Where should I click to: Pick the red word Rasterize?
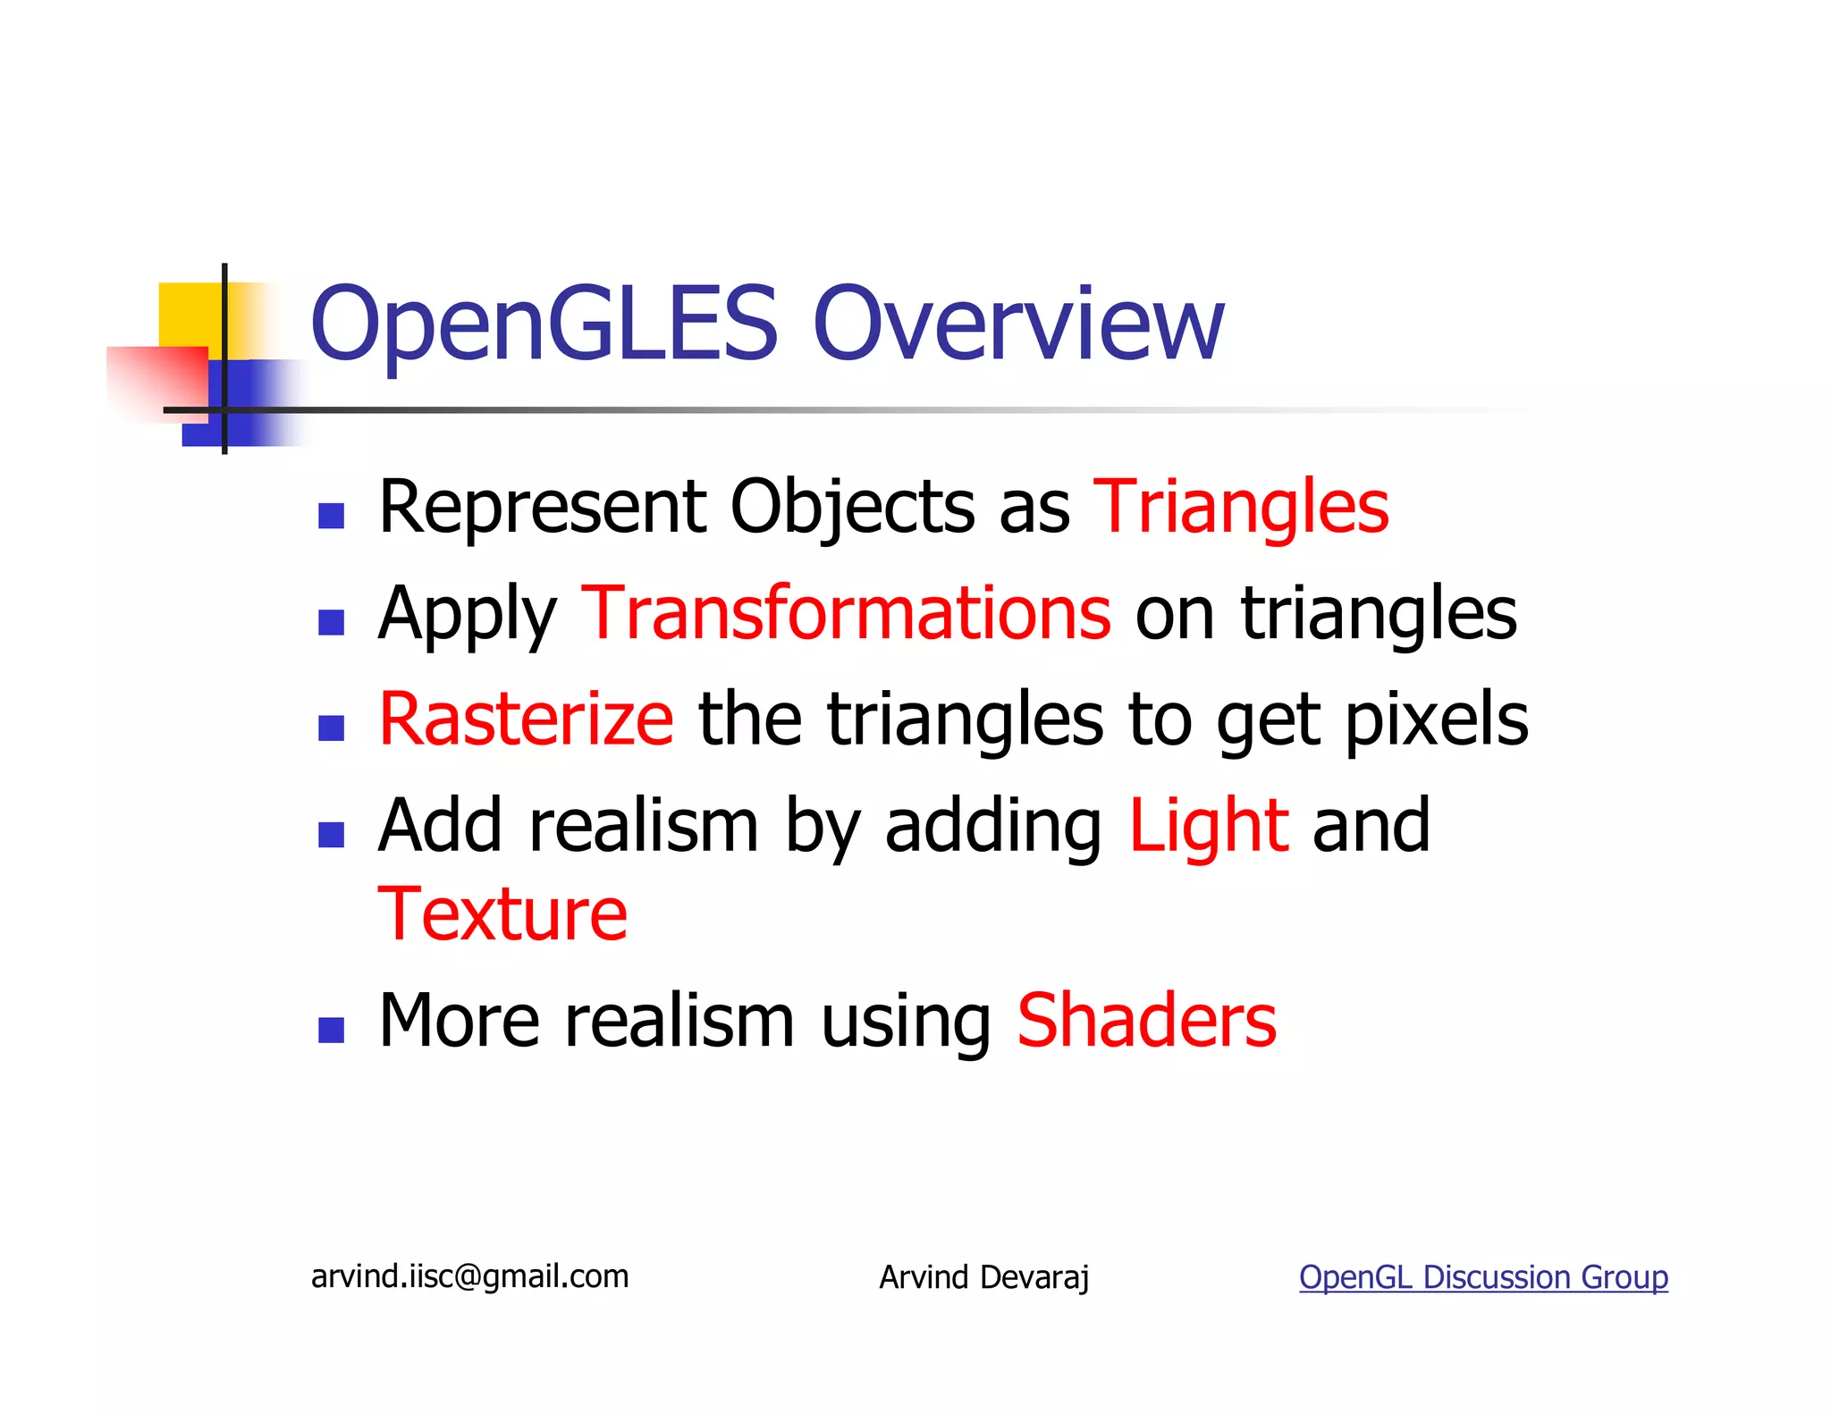coord(526,720)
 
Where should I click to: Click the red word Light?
coord(1208,825)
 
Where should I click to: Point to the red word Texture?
coord(502,914)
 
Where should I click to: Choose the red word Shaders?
coord(1146,1021)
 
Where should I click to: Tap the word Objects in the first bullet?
coord(853,507)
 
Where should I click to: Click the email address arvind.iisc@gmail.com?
coord(469,1276)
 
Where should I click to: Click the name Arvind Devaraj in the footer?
coord(983,1277)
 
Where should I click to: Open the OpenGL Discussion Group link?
coord(1482,1277)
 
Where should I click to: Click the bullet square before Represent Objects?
coord(331,516)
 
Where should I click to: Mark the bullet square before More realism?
coord(331,1030)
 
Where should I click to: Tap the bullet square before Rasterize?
coord(331,728)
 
